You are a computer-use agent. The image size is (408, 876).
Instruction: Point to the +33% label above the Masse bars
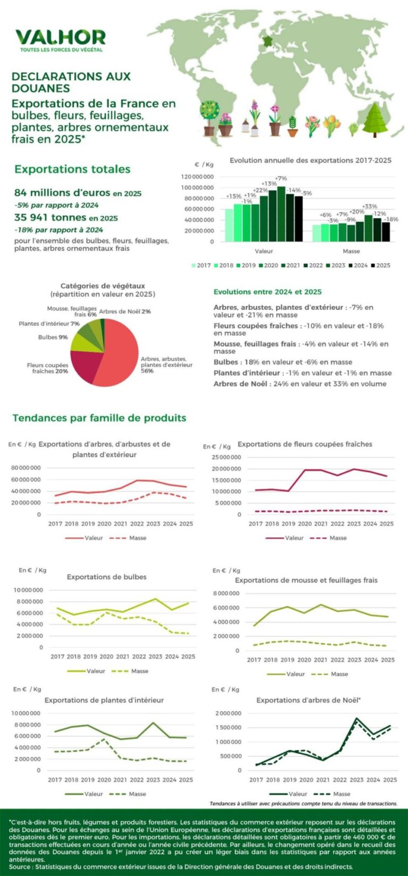(369, 206)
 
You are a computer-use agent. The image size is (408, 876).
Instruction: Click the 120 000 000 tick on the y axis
(197, 176)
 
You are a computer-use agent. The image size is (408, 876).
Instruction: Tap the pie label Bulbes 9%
(53, 337)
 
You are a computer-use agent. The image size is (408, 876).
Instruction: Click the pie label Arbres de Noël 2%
(125, 311)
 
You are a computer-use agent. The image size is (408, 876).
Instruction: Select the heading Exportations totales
(72, 169)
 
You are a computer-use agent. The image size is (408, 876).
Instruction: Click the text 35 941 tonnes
(50, 217)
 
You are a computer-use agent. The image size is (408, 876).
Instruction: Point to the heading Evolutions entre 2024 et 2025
(267, 292)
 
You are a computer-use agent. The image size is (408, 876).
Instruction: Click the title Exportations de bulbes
(106, 577)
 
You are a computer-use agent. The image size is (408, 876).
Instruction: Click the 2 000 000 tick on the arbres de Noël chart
(228, 713)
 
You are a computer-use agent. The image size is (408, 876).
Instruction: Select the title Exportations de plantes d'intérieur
(104, 700)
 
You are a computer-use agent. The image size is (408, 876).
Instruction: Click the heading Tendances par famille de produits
(99, 418)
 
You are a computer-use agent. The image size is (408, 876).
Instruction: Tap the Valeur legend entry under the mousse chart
(291, 674)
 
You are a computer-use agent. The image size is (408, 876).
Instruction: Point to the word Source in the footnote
(20, 866)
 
